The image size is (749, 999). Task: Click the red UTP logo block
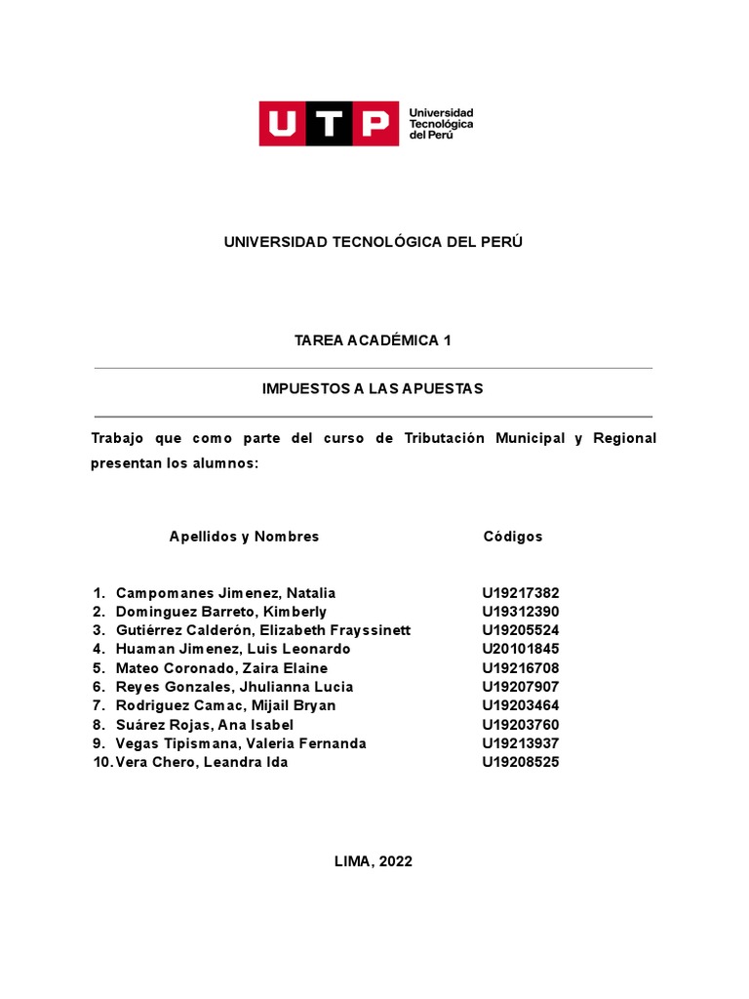pyautogui.click(x=328, y=123)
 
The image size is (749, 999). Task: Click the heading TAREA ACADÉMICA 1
pyautogui.click(x=374, y=340)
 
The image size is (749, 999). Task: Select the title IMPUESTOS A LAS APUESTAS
pyautogui.click(x=373, y=388)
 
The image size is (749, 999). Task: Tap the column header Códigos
pyautogui.click(x=513, y=537)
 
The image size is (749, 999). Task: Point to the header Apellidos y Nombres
pyautogui.click(x=244, y=537)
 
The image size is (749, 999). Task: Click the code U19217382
pyautogui.click(x=521, y=593)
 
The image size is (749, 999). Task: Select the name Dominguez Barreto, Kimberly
pyautogui.click(x=221, y=612)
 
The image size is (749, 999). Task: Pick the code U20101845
pyautogui.click(x=521, y=649)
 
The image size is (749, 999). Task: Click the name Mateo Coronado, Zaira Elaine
pyautogui.click(x=221, y=668)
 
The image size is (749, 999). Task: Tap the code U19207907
pyautogui.click(x=521, y=687)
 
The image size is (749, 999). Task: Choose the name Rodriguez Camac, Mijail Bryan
pyautogui.click(x=225, y=705)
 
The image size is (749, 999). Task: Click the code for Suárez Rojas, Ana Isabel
pyautogui.click(x=521, y=725)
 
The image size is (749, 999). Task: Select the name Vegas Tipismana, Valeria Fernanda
pyautogui.click(x=241, y=743)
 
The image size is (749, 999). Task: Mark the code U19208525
pyautogui.click(x=521, y=762)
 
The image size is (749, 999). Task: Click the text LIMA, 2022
pyautogui.click(x=374, y=861)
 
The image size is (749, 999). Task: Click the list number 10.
pyautogui.click(x=101, y=762)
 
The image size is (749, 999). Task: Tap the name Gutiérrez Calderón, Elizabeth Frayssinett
pyautogui.click(x=263, y=630)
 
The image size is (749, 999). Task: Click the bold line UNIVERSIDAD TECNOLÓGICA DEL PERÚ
pyautogui.click(x=374, y=242)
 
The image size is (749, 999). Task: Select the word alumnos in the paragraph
pyautogui.click(x=228, y=463)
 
